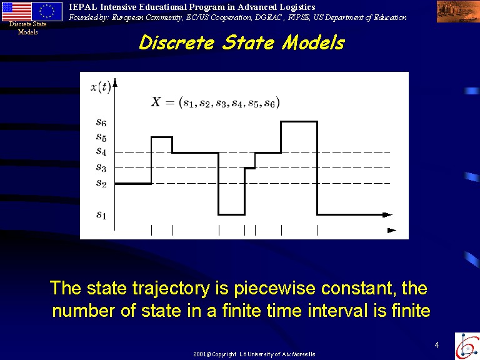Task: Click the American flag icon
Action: tap(16, 11)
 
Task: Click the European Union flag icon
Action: tap(47, 11)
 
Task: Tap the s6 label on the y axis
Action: tap(101, 122)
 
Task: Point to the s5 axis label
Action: tap(101, 137)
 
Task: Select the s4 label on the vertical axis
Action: tap(101, 151)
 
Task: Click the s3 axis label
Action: tap(101, 167)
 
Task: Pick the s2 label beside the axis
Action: tap(101, 183)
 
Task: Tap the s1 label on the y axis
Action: tap(101, 215)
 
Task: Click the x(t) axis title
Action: tap(101, 87)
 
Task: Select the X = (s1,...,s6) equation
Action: tap(215, 102)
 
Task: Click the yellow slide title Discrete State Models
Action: tap(242, 42)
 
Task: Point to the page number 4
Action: tap(437, 345)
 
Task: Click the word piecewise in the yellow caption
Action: tap(274, 289)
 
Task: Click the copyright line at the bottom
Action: tap(254, 354)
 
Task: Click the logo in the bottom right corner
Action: tap(467, 346)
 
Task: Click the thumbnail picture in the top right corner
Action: tap(458, 12)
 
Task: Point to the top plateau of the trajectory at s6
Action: tap(299, 121)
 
